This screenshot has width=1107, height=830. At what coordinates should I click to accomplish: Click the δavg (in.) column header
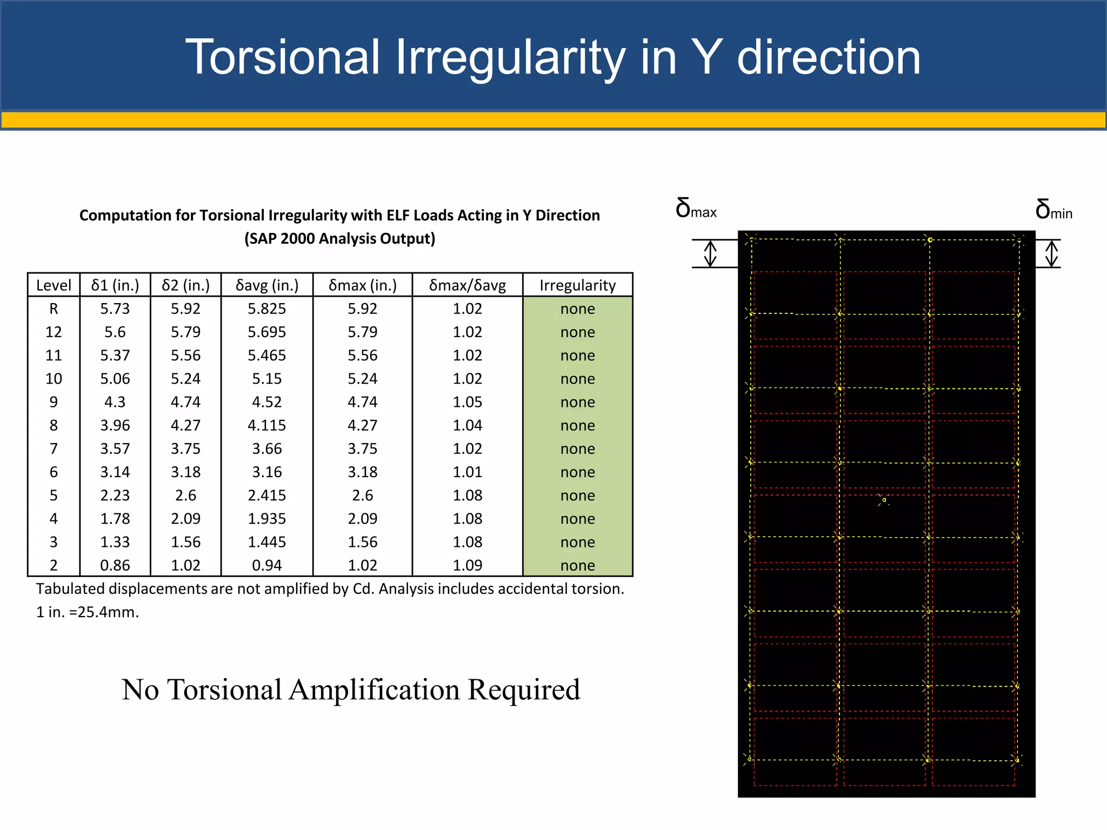(267, 285)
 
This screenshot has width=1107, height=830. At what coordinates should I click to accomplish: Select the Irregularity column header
(577, 285)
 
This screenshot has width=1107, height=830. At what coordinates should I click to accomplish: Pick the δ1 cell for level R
(115, 309)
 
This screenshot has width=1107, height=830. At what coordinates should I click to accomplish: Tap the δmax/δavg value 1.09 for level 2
(467, 565)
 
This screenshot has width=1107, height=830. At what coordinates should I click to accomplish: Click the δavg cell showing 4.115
(267, 425)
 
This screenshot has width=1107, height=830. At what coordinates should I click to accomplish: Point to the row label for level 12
(54, 332)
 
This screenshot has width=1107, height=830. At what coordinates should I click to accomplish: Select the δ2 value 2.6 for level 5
(185, 495)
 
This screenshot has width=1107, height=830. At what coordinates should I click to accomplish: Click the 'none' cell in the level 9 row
(577, 402)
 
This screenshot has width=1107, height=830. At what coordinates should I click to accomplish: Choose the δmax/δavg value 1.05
(467, 402)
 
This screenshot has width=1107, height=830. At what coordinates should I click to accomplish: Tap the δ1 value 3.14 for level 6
(115, 472)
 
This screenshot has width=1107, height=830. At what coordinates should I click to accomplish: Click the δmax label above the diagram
(696, 209)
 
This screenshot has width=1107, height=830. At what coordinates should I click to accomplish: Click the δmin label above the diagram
(1053, 210)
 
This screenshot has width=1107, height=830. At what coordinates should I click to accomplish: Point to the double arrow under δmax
(710, 253)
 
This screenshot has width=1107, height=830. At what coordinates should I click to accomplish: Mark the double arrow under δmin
(1051, 253)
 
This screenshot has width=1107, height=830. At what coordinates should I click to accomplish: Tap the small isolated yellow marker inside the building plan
(883, 500)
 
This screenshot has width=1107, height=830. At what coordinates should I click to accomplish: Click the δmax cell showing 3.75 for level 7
(362, 449)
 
